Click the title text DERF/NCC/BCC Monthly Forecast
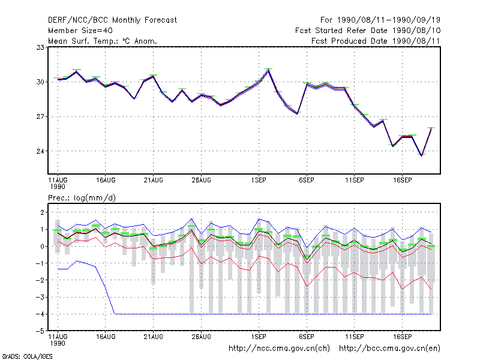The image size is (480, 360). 112,20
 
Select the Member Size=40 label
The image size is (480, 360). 80,31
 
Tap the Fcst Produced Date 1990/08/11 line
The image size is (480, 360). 376,41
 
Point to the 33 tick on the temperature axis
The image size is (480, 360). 40,47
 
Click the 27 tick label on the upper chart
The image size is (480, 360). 40,116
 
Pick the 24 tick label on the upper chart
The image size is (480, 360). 40,151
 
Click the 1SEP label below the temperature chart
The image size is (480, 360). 259,180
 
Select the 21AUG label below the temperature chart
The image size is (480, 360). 154,180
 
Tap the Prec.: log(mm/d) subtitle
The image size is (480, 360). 82,198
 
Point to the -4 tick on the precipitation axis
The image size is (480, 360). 40,314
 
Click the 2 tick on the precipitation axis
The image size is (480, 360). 43,212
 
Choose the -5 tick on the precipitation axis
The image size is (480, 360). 40,331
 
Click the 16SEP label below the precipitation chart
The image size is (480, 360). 402,337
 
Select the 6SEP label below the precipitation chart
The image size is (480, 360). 307,337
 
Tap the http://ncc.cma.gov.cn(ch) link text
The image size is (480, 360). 279,349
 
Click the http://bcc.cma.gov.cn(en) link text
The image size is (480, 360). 389,349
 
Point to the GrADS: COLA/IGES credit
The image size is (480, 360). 27,356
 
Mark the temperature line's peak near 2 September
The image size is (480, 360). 268,70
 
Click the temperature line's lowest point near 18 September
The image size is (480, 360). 422,155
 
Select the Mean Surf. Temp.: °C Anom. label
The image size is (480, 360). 103,41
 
